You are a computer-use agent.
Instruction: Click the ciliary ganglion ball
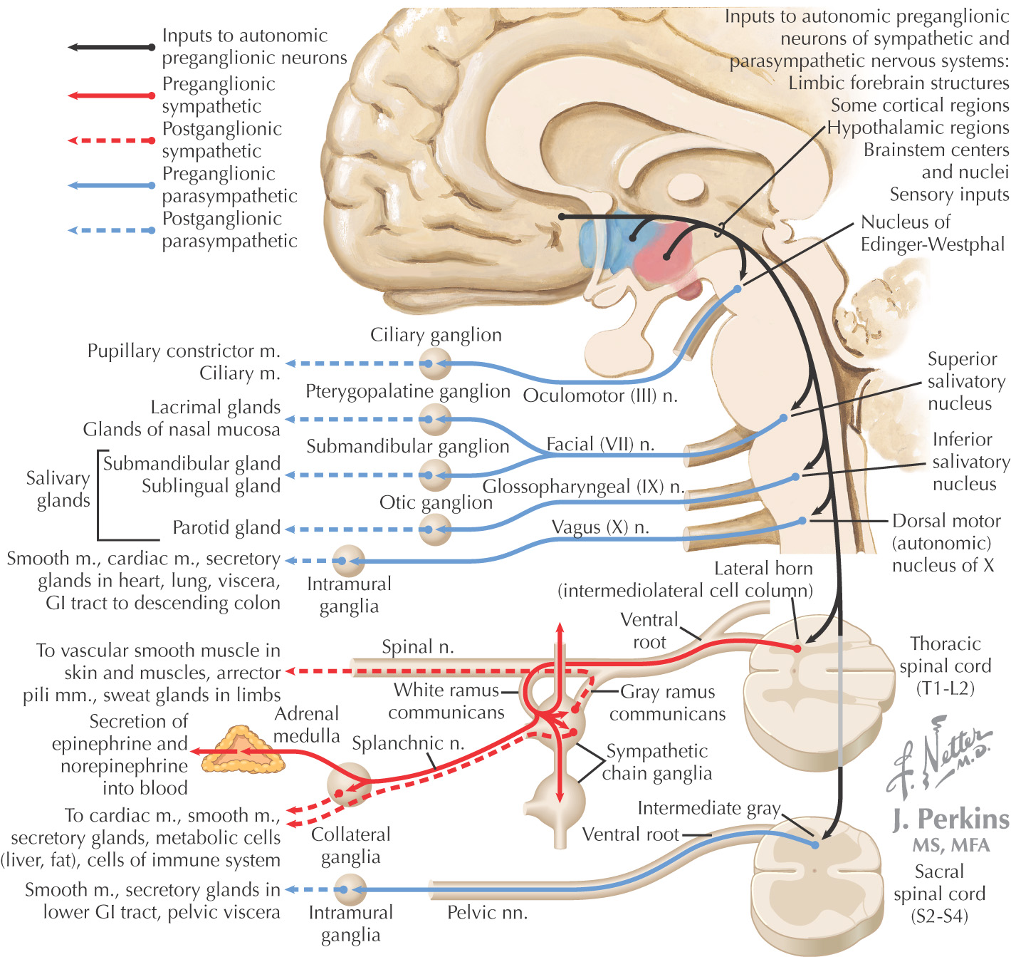434,364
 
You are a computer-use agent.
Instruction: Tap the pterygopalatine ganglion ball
434,420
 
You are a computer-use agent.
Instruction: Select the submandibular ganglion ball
434,475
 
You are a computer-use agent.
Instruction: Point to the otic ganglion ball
434,529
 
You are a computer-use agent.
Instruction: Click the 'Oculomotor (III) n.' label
600,395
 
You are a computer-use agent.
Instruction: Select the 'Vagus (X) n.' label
600,527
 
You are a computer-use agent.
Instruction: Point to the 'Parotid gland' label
226,527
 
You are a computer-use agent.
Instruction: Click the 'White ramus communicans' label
446,701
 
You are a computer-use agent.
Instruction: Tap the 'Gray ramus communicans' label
667,703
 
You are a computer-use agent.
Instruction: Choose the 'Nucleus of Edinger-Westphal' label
932,234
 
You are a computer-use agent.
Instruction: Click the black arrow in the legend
111,48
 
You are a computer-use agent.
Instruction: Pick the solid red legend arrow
111,95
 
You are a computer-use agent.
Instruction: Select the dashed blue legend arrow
111,231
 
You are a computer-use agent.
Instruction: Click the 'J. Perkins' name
951,819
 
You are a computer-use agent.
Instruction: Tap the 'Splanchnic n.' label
408,743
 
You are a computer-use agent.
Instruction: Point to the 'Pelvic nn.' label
487,913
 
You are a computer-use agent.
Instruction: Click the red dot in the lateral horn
797,648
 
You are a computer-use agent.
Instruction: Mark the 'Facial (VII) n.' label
600,445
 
